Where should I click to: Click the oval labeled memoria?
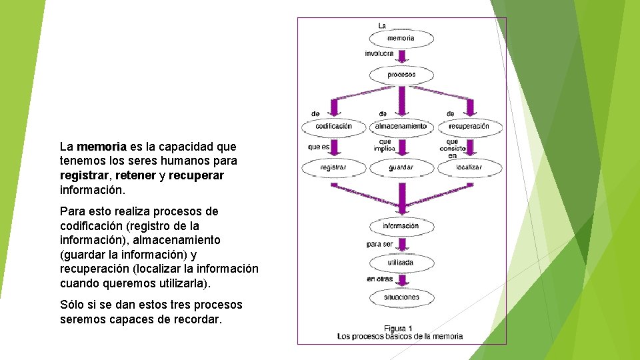(x=401, y=39)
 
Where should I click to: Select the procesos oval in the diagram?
(x=401, y=75)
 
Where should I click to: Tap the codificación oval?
(x=334, y=126)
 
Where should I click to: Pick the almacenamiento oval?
(x=401, y=126)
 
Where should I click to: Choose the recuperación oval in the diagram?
(x=469, y=126)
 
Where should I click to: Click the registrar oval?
(x=334, y=167)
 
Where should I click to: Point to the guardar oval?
(x=401, y=167)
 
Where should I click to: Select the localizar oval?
(x=469, y=167)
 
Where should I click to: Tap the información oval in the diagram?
(x=401, y=226)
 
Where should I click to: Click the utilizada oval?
(x=401, y=263)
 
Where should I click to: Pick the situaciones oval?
(x=401, y=297)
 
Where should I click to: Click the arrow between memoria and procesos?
(x=401, y=57)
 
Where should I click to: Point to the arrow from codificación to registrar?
(x=334, y=147)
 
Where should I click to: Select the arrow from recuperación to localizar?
(x=469, y=147)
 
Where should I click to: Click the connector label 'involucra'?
(x=379, y=53)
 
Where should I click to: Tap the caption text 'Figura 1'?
(x=399, y=327)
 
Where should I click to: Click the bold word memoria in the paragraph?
(x=101, y=146)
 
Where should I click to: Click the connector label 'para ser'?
(x=380, y=245)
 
